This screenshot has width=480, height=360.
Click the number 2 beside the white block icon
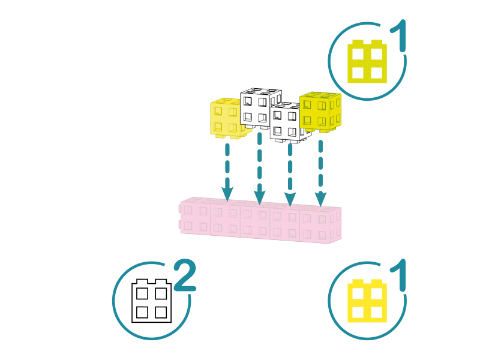click(185, 275)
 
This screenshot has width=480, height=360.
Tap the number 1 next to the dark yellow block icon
click(399, 35)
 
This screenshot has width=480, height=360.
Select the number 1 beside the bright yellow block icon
click(399, 275)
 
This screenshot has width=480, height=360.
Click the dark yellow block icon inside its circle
click(367, 61)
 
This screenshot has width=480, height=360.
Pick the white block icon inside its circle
click(152, 301)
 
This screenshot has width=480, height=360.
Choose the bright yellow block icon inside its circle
click(367, 301)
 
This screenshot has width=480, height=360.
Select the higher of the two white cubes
click(260, 108)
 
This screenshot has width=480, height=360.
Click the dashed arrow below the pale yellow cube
click(227, 172)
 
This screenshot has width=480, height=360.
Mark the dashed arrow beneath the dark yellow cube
click(320, 173)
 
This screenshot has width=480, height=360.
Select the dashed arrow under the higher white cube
click(260, 169)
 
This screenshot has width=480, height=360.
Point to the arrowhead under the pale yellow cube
click(227, 194)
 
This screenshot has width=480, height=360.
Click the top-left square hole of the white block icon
click(142, 293)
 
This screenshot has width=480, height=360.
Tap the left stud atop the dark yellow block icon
click(358, 42)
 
